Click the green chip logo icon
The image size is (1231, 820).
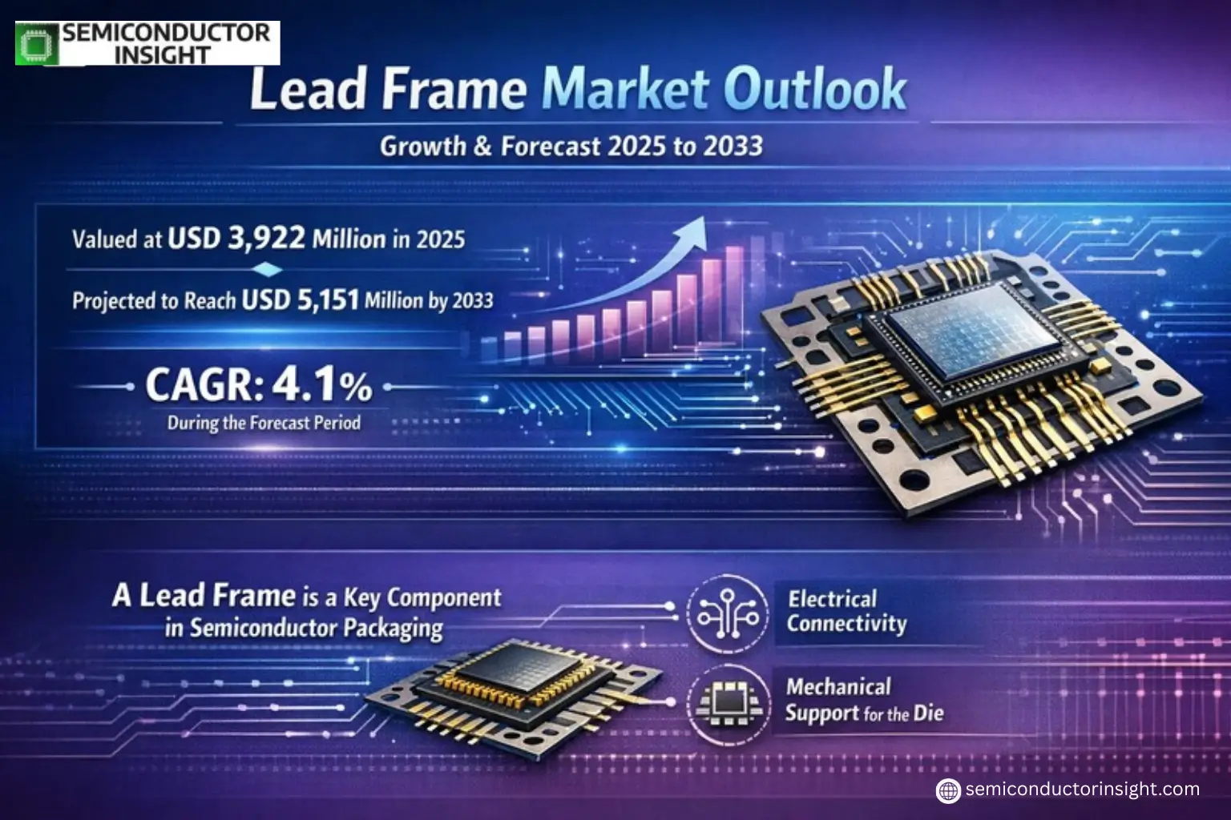tap(35, 43)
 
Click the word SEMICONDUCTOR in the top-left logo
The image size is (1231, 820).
tap(167, 33)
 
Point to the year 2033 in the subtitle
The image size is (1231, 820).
tap(733, 146)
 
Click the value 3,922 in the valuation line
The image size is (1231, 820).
tap(266, 238)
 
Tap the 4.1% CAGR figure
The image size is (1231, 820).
tap(321, 385)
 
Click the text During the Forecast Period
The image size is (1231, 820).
tap(264, 423)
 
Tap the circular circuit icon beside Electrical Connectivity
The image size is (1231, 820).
tap(728, 614)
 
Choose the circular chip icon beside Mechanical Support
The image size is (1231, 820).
tap(728, 704)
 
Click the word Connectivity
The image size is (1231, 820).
tap(846, 624)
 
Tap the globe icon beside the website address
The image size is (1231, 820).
tap(948, 790)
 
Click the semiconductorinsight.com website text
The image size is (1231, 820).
tap(1082, 790)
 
